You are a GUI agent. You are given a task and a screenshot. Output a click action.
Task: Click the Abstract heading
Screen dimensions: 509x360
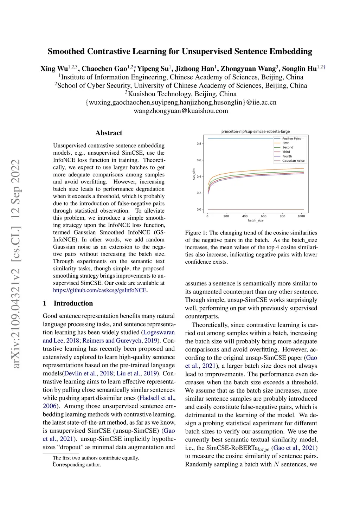109,133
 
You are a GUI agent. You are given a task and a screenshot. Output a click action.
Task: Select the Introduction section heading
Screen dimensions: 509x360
73,303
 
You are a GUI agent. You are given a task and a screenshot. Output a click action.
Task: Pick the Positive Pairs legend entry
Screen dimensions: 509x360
291,138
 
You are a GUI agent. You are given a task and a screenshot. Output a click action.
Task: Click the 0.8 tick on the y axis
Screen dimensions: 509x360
199,144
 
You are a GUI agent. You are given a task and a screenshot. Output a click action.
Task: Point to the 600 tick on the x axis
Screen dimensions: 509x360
264,216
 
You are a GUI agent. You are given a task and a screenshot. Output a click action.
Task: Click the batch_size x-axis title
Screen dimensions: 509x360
256,220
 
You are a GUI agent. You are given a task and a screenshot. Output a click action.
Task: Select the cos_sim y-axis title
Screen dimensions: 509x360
194,174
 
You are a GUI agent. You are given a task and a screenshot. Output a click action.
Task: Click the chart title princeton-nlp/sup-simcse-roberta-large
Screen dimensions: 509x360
256,131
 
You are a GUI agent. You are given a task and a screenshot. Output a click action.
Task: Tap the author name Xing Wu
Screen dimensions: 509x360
54,69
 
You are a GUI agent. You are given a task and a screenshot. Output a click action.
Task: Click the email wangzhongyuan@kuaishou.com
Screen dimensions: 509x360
181,111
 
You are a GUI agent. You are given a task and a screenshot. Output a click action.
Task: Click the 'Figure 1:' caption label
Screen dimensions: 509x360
197,233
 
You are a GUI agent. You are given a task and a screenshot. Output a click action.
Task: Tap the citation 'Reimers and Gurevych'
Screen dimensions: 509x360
112,341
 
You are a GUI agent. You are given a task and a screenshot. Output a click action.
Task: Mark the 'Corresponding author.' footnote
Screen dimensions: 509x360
77,465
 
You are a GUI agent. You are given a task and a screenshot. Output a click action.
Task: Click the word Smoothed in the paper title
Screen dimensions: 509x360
66,51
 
